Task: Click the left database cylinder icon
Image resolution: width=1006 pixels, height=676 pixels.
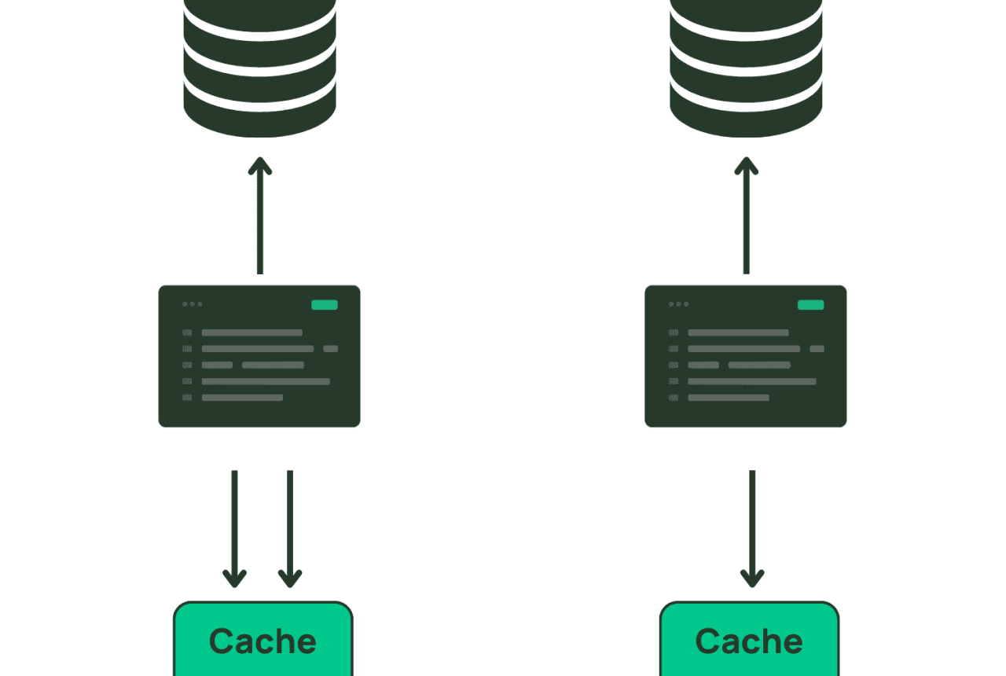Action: tap(259, 68)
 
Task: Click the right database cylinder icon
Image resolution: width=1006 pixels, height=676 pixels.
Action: tap(746, 68)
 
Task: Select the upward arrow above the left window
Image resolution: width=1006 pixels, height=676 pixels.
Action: tap(260, 215)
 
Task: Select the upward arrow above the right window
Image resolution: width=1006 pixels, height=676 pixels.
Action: tap(747, 215)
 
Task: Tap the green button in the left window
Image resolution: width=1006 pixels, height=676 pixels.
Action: tap(325, 305)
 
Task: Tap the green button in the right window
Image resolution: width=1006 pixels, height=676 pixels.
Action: tap(810, 305)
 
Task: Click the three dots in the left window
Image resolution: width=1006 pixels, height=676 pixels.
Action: tap(193, 304)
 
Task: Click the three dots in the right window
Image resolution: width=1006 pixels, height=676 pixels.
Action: tap(678, 304)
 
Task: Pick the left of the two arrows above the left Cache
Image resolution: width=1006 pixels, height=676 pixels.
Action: tap(234, 529)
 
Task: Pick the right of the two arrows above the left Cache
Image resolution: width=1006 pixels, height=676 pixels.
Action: tap(290, 529)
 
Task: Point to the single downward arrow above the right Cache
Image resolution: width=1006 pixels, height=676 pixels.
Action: tap(752, 529)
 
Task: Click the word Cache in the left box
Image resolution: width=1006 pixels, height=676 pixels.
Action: tap(263, 641)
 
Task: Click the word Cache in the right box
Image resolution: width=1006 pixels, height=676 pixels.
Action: tap(749, 641)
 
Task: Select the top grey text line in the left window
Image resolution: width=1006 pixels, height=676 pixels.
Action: tap(252, 332)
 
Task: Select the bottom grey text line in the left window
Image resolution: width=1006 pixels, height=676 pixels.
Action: tap(243, 398)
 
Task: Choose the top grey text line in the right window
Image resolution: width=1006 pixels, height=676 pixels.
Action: tap(738, 332)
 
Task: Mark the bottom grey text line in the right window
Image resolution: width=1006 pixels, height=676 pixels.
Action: tap(729, 398)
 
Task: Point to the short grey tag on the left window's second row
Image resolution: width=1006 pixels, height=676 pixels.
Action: tap(331, 348)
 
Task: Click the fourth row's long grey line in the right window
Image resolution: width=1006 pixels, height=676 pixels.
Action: tap(752, 381)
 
